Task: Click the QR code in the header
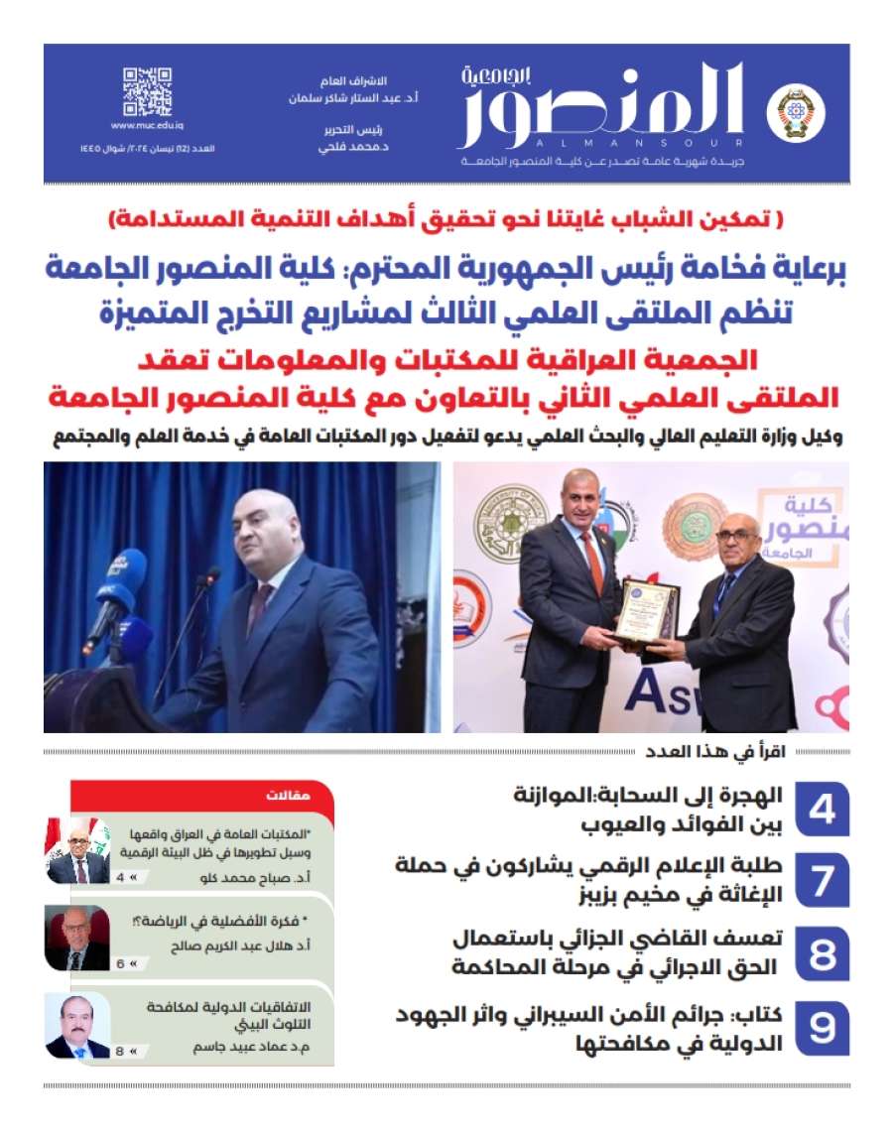(147, 91)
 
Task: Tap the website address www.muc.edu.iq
(147, 125)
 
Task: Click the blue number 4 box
(822, 811)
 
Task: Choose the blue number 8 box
(822, 953)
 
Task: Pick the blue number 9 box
(822, 1027)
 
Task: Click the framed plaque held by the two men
(646, 610)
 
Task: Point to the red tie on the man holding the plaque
(593, 562)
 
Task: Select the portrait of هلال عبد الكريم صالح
(77, 938)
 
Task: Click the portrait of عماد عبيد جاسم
(77, 1025)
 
